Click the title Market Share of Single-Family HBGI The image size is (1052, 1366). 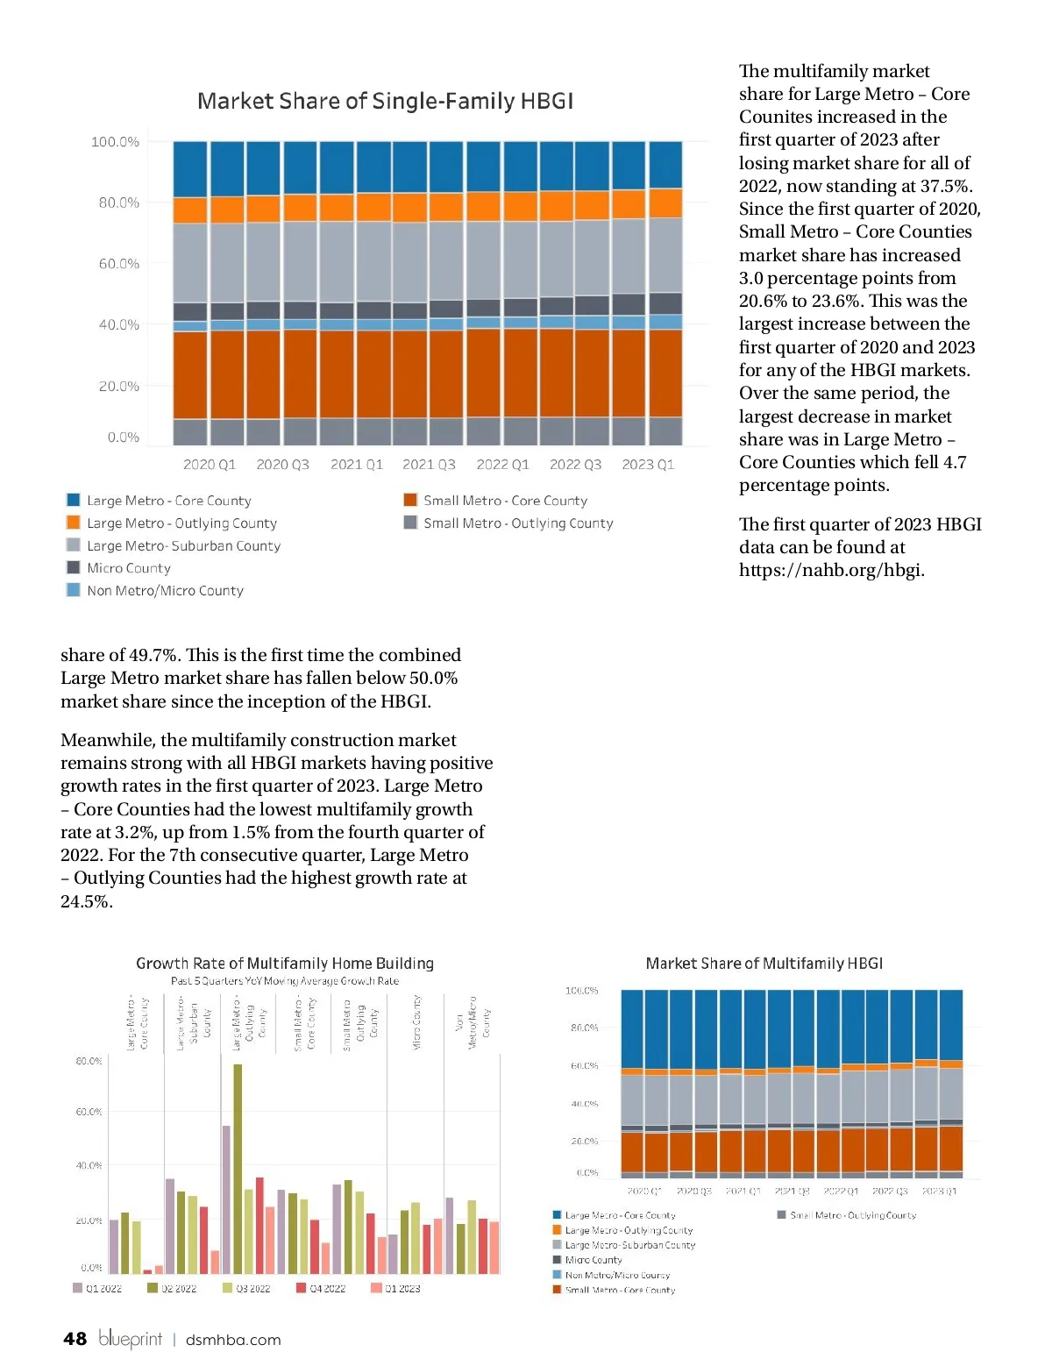point(385,101)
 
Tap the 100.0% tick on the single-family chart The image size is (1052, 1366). point(115,142)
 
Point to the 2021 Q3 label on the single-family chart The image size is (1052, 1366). point(429,465)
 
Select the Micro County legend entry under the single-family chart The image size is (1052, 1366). point(128,568)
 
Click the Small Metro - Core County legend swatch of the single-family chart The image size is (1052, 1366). point(410,500)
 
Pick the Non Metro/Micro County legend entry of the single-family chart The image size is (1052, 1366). point(165,591)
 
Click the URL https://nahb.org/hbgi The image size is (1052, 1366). point(831,570)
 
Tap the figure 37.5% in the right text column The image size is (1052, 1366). point(943,186)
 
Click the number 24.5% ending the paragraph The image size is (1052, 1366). point(86,901)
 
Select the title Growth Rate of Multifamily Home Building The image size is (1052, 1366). point(285,964)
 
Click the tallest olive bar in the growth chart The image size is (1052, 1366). point(238,1166)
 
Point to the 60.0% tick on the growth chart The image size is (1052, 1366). point(89,1112)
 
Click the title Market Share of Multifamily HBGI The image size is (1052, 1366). point(764,964)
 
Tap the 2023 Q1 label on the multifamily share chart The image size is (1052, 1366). point(939,1192)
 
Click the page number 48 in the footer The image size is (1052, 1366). point(75,1339)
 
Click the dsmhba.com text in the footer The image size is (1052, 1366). point(233,1340)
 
